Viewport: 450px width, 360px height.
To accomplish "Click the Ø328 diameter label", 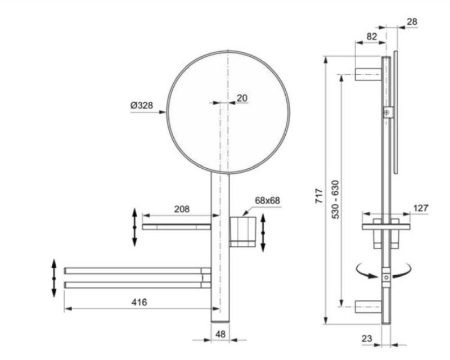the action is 142,105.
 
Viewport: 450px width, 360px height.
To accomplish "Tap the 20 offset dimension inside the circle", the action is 242,98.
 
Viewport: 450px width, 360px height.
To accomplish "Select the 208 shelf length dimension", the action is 182,209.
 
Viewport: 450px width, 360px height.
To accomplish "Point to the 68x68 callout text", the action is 267,200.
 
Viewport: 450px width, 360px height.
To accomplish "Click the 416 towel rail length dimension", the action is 139,302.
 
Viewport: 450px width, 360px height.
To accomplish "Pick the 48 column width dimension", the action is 220,334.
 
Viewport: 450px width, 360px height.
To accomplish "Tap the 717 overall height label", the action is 319,196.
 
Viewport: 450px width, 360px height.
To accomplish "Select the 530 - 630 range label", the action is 335,200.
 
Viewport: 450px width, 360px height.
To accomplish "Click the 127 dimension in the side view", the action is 421,208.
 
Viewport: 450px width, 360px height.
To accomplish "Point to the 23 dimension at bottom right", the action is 367,339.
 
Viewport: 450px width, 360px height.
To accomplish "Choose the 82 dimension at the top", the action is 372,37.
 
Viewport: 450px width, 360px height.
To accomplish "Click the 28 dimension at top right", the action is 412,21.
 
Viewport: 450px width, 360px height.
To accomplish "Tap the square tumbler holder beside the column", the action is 242,232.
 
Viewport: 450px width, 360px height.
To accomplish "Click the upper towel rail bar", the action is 137,271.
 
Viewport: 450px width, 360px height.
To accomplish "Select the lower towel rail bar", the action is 137,285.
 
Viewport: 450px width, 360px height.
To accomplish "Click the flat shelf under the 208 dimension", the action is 177,227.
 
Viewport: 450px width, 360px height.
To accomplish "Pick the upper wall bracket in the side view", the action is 368,74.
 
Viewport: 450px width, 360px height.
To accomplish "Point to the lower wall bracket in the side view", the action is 368,307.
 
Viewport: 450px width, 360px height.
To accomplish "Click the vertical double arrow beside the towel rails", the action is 54,278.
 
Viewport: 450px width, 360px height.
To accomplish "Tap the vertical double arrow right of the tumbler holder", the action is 263,233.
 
